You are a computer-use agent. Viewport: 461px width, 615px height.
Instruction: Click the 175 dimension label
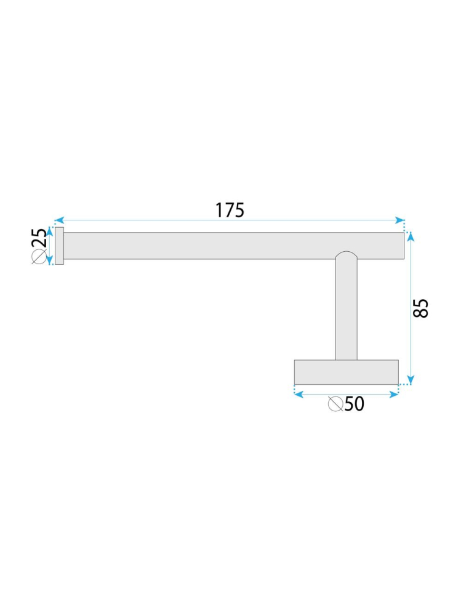click(230, 210)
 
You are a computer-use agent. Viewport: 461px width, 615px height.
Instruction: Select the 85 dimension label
click(420, 308)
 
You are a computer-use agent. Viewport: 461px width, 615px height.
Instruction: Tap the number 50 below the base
click(355, 404)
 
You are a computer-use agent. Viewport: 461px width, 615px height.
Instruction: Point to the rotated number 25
click(39, 238)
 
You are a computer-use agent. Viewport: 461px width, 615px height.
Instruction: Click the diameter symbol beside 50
click(335, 404)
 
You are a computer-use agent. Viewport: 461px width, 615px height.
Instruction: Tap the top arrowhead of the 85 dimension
click(411, 236)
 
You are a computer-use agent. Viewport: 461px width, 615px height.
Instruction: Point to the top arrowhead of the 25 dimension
click(51, 231)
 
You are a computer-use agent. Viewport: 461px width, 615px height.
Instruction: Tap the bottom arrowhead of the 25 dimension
click(51, 260)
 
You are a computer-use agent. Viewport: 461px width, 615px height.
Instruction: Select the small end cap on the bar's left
click(59, 246)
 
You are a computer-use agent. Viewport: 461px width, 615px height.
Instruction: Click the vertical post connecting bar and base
click(346, 314)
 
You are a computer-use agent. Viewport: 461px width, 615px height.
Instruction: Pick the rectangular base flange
click(346, 372)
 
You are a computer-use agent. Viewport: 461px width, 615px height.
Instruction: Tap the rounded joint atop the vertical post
click(346, 255)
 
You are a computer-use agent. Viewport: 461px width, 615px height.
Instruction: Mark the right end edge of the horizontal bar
click(404, 246)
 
